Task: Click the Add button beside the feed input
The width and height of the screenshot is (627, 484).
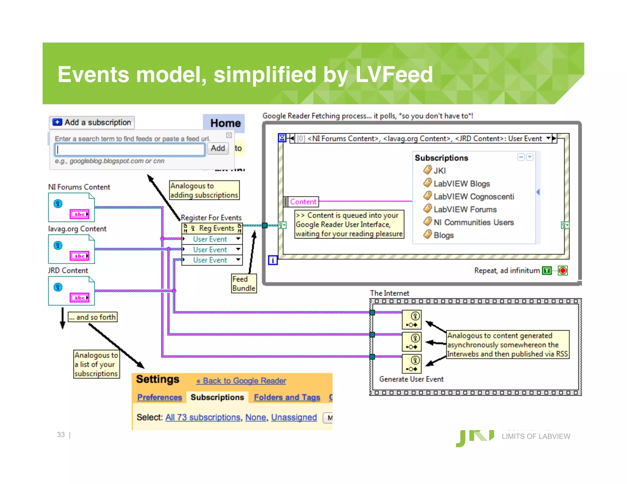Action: [218, 148]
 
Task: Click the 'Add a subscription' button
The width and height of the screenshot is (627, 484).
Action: [92, 122]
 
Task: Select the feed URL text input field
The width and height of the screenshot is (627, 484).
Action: [130, 150]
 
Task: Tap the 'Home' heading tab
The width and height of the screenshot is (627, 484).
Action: [225, 123]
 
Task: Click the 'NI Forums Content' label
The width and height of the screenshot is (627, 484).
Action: [79, 187]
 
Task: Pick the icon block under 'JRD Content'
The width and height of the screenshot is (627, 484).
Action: [71, 291]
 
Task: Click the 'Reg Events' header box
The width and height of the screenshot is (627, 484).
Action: [212, 228]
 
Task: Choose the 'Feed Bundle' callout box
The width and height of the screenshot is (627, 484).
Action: [244, 284]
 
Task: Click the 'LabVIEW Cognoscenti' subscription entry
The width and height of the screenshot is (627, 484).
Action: [473, 196]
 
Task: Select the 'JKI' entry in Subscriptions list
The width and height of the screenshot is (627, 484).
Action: [439, 171]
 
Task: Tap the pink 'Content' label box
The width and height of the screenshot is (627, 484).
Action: [303, 202]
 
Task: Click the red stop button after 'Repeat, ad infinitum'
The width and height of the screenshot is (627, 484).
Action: [563, 270]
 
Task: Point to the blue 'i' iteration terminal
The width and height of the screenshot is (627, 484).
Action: [273, 260]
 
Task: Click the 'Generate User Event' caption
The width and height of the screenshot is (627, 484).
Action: [411, 379]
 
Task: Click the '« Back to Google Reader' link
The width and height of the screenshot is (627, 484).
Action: [241, 381]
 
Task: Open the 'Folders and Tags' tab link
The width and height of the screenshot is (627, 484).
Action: [287, 397]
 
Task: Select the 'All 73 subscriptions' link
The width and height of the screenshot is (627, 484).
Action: [203, 417]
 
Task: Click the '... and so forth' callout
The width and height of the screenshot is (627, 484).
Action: [92, 317]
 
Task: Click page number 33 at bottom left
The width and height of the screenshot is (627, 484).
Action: [61, 435]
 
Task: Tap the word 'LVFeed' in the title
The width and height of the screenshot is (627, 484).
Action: [394, 74]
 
